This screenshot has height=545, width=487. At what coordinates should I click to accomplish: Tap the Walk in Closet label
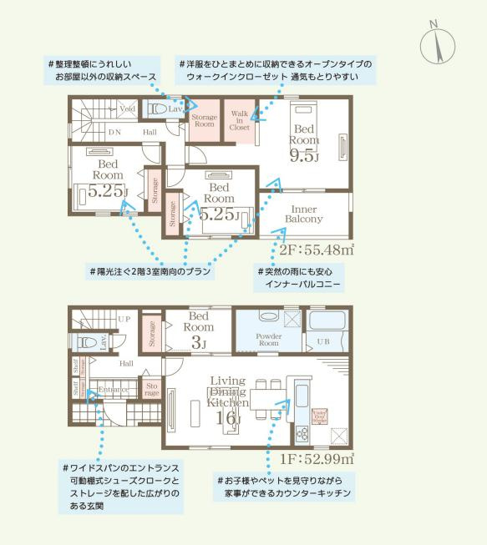click(240, 120)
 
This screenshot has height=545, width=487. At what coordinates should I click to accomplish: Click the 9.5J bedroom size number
click(304, 156)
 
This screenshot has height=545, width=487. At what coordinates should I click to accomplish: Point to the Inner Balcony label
click(307, 214)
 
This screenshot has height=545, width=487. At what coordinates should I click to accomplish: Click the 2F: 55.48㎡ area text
click(317, 249)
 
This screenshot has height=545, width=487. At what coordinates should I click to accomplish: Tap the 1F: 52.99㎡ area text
click(317, 457)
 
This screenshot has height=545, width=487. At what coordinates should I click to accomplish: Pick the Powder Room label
click(267, 341)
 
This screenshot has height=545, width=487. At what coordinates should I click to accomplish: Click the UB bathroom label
click(322, 342)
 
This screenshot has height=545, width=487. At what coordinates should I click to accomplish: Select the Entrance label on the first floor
click(113, 390)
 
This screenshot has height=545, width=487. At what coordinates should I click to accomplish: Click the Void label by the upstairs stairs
click(128, 108)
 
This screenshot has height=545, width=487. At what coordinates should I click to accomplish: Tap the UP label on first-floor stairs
click(124, 320)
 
